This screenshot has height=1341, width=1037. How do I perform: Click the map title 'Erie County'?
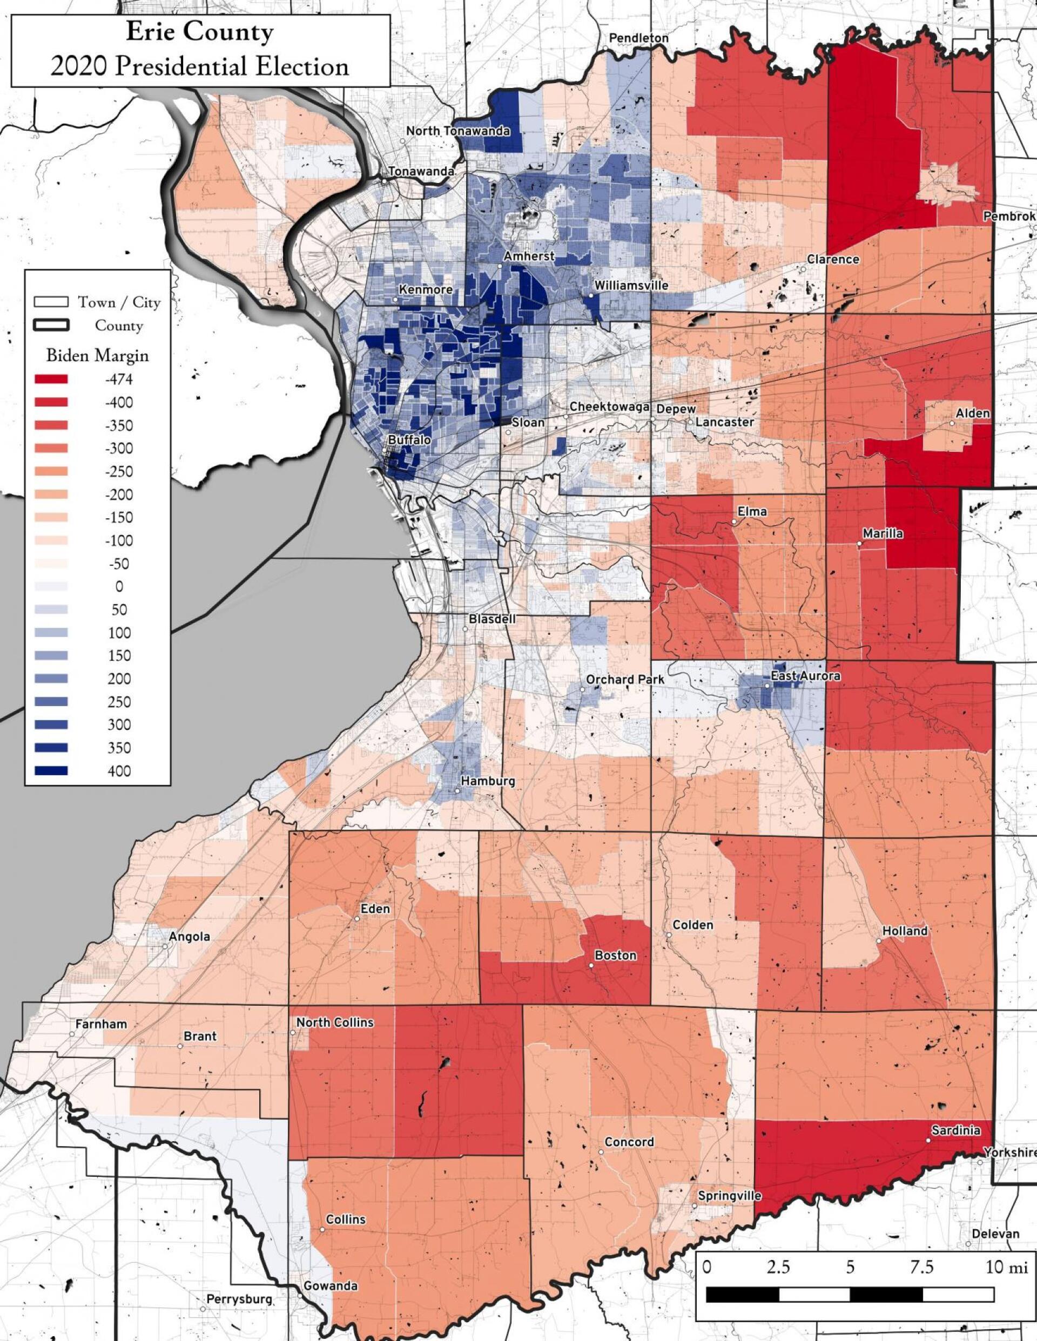tap(200, 32)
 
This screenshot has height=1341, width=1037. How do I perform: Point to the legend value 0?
tap(119, 586)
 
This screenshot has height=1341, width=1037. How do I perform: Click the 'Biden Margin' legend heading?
tap(97, 356)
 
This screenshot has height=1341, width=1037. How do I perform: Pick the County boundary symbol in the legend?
tap(52, 325)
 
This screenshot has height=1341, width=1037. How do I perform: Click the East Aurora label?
tap(805, 676)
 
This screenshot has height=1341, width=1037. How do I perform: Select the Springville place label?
tap(729, 1196)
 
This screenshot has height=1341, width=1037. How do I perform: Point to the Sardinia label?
tap(955, 1130)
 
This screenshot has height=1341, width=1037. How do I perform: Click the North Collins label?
tap(335, 1022)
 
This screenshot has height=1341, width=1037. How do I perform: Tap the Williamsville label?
tap(631, 286)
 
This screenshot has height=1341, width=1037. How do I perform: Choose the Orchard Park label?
tap(625, 680)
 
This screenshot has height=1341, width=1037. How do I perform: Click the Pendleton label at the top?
tap(638, 38)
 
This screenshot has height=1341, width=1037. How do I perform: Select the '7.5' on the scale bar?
tap(921, 1250)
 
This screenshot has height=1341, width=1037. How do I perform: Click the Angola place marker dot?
tap(165, 946)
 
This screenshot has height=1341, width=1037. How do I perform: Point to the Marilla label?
tap(883, 533)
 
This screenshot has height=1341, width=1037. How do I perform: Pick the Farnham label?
tap(102, 1024)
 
